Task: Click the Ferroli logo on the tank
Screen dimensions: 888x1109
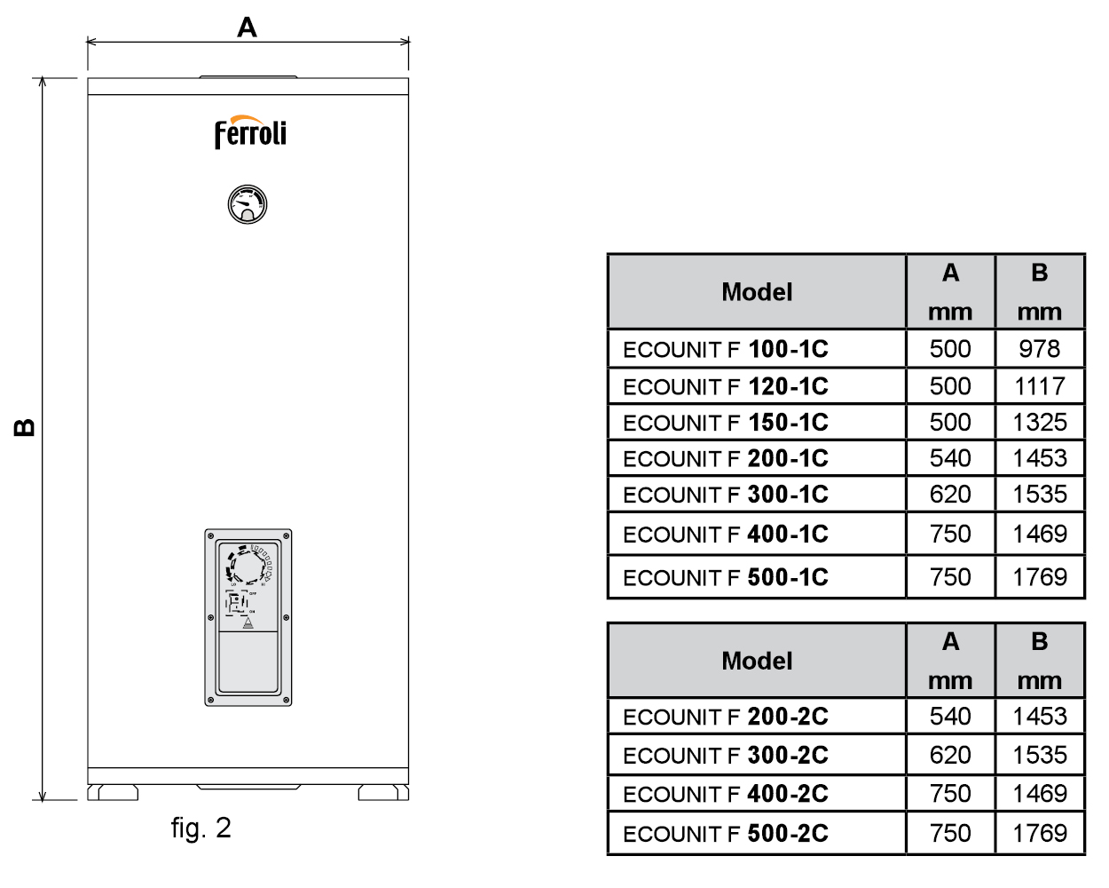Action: (x=250, y=133)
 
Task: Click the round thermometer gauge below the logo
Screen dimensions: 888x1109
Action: (x=248, y=204)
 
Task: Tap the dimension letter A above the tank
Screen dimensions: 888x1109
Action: (x=247, y=28)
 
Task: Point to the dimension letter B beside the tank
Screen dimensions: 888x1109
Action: (x=26, y=427)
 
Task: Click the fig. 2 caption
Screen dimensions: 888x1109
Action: (x=201, y=828)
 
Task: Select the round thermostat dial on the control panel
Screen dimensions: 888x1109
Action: (x=248, y=565)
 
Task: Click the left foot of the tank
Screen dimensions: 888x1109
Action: (x=113, y=792)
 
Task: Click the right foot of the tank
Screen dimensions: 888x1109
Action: (x=383, y=792)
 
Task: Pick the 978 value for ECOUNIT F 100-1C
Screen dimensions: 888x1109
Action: (x=1039, y=349)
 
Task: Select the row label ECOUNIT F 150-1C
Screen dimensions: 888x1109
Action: (x=726, y=423)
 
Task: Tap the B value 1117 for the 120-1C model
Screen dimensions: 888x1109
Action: (x=1039, y=386)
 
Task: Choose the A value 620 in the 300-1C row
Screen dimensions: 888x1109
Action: (x=950, y=494)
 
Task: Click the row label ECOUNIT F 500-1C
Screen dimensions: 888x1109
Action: (x=726, y=577)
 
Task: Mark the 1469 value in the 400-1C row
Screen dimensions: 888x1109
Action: (x=1039, y=534)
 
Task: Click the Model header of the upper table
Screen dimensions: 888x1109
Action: (x=757, y=292)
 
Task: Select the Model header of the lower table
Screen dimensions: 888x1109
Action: (x=757, y=661)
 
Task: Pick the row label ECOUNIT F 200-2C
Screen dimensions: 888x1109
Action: (x=726, y=717)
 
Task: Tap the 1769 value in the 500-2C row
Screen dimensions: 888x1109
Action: (x=1039, y=833)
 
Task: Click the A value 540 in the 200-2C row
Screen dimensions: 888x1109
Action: (x=950, y=717)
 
